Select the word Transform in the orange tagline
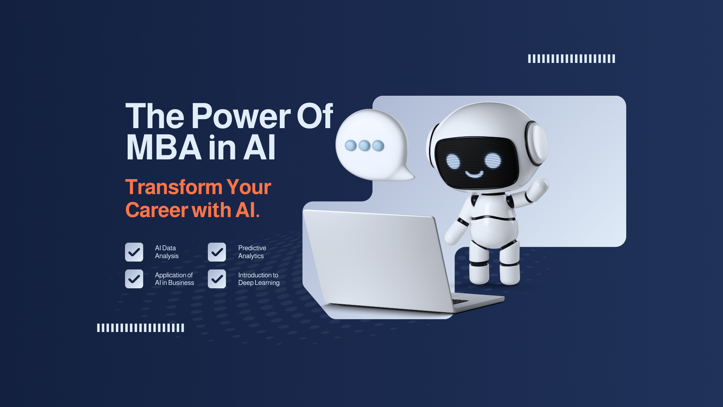(174, 187)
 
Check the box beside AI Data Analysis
(134, 252)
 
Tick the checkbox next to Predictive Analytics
(217, 252)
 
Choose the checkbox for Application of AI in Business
(134, 279)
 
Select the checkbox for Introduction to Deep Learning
(217, 279)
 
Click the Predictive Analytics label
(252, 252)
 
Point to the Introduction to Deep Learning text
(259, 279)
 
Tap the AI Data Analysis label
(166, 252)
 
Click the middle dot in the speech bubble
(364, 145)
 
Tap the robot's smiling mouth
(474, 174)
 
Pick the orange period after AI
(258, 216)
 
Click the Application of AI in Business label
(174, 279)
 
